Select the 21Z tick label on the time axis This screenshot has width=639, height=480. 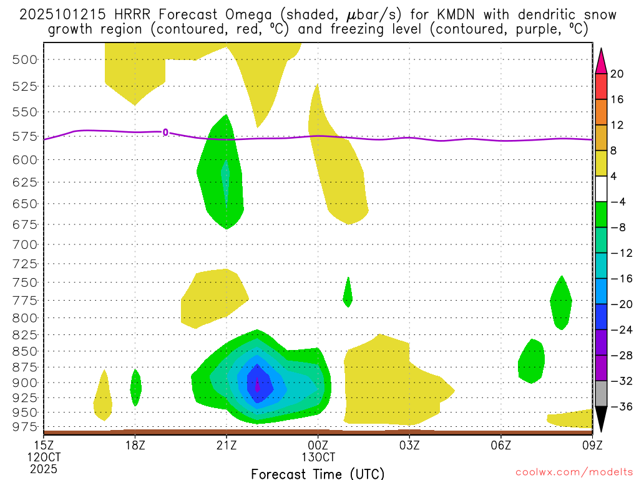click(227, 445)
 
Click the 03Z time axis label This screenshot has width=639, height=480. click(409, 445)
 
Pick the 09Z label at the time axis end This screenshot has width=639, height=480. click(592, 445)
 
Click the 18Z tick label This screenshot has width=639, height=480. click(135, 445)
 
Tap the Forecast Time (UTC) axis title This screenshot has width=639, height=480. click(318, 472)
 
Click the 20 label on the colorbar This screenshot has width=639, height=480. click(617, 74)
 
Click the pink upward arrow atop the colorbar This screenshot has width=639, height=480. click(601, 60)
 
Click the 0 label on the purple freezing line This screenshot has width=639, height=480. click(165, 132)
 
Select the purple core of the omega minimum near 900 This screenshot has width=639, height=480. click(258, 381)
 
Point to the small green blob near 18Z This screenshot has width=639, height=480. click(135, 387)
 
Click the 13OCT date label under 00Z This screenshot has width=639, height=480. click(318, 457)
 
